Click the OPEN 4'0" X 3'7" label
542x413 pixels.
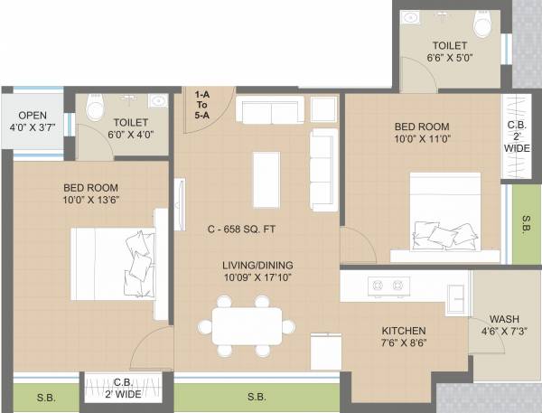pyautogui.click(x=33, y=121)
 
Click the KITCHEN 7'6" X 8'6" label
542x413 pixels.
pyautogui.click(x=403, y=337)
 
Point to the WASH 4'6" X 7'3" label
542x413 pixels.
pyautogui.click(x=503, y=325)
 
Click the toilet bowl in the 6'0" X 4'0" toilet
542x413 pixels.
pyautogui.click(x=94, y=109)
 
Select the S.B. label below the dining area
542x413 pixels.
pyautogui.click(x=256, y=397)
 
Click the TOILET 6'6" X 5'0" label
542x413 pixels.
pyautogui.click(x=449, y=52)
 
